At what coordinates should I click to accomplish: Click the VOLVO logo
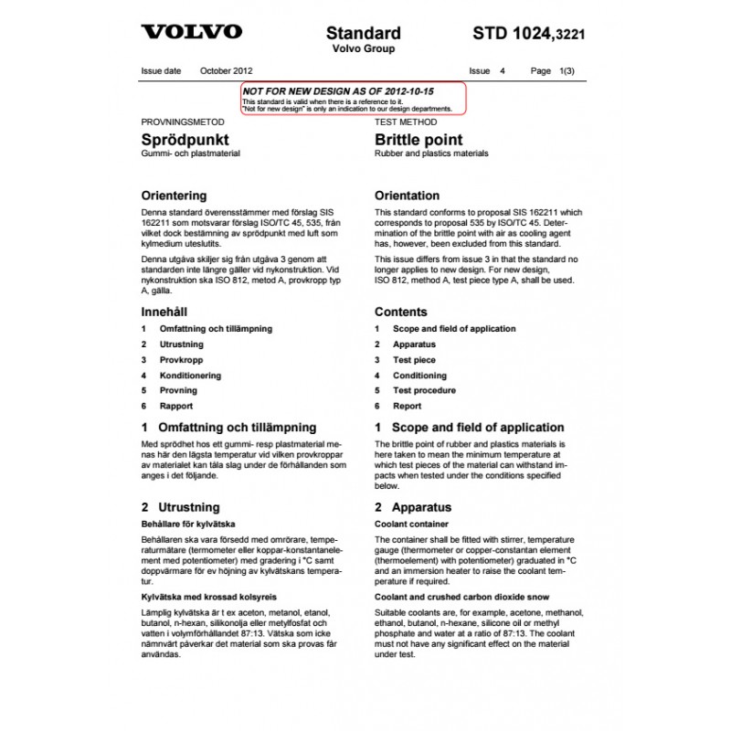pos(191,32)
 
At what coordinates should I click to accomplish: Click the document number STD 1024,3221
pos(529,34)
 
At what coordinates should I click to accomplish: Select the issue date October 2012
pos(227,70)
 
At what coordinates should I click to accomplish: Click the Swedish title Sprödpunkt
pos(185,140)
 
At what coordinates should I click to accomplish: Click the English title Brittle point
pos(418,140)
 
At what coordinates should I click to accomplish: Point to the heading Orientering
pos(174,196)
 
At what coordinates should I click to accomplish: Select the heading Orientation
pos(407,196)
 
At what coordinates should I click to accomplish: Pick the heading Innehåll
pos(164,312)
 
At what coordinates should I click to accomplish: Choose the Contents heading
pos(400,312)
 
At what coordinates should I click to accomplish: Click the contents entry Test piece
pos(414,360)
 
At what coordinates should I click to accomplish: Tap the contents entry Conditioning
pos(419,376)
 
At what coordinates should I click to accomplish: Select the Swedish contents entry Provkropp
pos(181,360)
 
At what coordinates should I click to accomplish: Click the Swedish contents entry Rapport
pos(175,406)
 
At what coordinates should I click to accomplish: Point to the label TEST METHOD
pos(403,122)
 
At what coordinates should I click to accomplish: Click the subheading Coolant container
pos(411,524)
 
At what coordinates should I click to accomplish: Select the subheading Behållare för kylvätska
pos(188,524)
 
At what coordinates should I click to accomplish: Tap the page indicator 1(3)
pos(566,70)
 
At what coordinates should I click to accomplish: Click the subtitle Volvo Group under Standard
pos(363,49)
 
